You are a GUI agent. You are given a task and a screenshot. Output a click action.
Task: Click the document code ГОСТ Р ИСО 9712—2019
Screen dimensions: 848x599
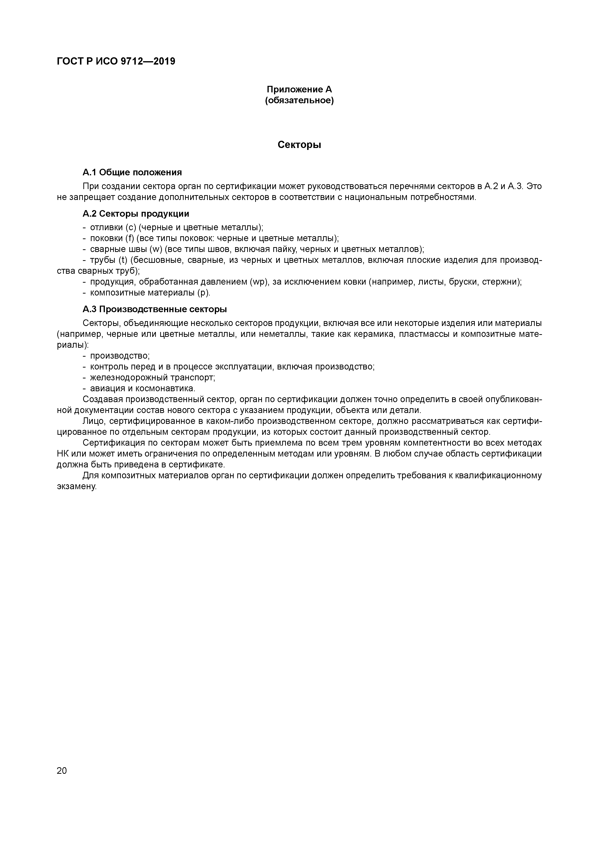[x=116, y=61]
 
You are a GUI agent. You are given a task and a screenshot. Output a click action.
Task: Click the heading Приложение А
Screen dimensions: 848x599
[x=299, y=89]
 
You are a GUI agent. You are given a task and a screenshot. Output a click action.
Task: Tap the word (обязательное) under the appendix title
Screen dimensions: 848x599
[x=299, y=100]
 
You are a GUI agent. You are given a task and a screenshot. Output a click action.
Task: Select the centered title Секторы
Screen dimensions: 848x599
[x=299, y=145]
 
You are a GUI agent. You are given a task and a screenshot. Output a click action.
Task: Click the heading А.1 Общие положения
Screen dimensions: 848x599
[x=132, y=172]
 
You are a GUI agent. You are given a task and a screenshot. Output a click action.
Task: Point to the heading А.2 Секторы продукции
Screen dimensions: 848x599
[x=136, y=214]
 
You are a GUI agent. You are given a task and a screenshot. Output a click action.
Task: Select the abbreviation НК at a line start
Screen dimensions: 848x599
[x=63, y=454]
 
